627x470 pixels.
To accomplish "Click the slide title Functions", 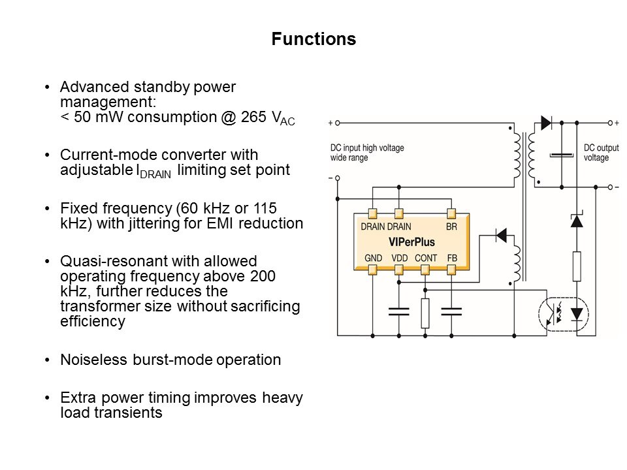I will (313, 39).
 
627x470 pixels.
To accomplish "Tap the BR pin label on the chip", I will (451, 227).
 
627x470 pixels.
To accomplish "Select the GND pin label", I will (372, 258).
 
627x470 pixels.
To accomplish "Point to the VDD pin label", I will (399, 258).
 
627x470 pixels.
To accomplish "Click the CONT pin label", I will (425, 258).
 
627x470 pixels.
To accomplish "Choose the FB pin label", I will (452, 258).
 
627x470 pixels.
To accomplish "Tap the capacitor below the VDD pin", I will (398, 311).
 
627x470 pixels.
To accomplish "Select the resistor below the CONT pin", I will (425, 313).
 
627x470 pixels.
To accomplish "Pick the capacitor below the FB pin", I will (451, 311).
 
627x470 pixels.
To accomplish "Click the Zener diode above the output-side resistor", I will (576, 219).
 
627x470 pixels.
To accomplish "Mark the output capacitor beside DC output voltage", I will (561, 155).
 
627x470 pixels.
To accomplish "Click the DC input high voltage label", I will (366, 153).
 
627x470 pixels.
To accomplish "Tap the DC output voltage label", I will (596, 153).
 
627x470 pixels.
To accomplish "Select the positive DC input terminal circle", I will (338, 122).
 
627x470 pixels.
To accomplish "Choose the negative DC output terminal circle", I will (609, 187).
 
